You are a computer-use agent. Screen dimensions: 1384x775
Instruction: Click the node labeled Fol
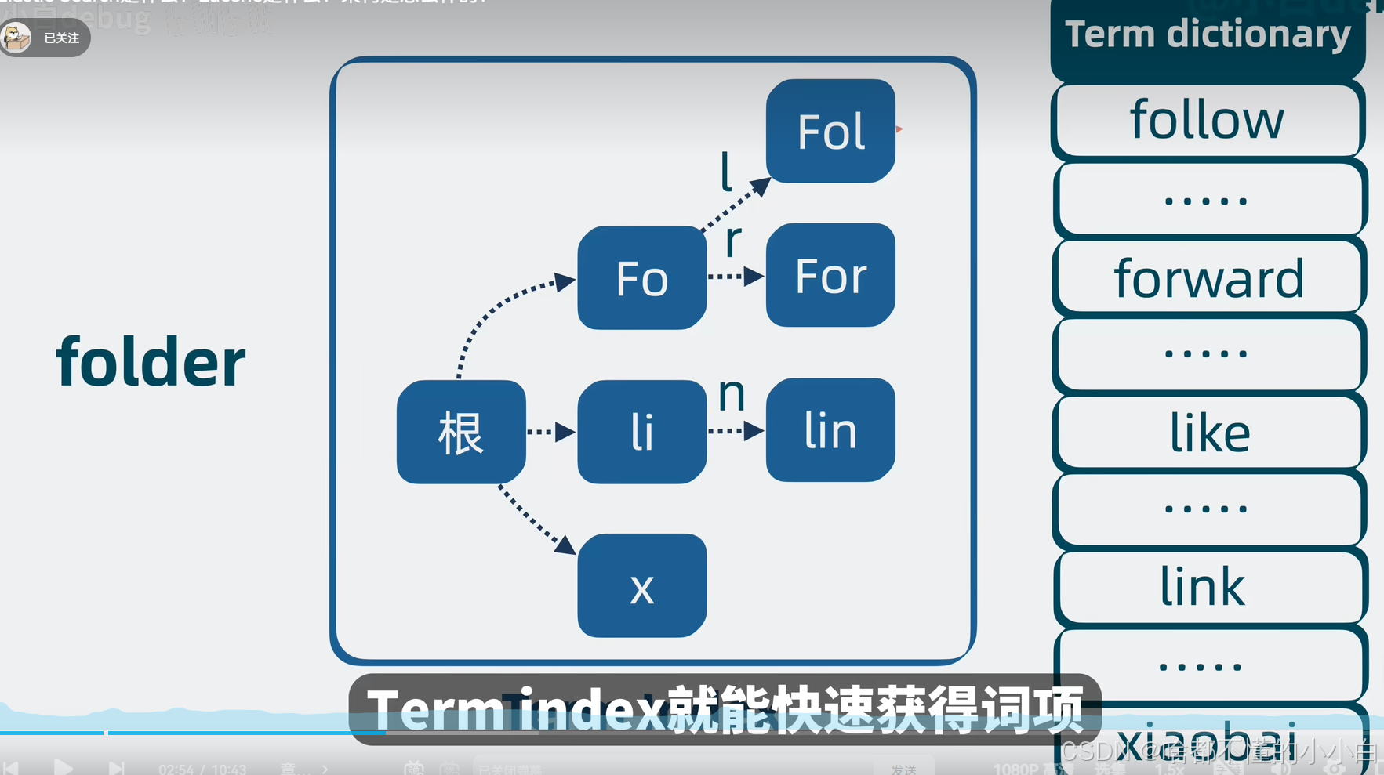tap(830, 131)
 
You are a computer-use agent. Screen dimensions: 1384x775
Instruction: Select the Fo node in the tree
tap(641, 278)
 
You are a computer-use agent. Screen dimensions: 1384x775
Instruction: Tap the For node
tap(830, 275)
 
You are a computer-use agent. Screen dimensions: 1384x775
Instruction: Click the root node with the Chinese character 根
tap(461, 432)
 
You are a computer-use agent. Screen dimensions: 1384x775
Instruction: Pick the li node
tap(641, 432)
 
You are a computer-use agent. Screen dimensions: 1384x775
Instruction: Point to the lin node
tap(830, 430)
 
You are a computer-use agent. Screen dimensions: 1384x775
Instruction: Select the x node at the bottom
tap(641, 586)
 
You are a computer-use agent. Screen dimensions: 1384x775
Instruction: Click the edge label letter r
tap(732, 239)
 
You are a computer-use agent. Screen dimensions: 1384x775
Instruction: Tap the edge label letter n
tap(732, 394)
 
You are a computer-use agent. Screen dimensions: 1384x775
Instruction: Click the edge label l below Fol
tap(726, 172)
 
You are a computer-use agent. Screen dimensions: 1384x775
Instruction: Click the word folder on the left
tap(151, 362)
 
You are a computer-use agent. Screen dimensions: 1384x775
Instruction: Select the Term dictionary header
tap(1208, 35)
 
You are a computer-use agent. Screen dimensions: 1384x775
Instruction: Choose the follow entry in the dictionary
tap(1208, 120)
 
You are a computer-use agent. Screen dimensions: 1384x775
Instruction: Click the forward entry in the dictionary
tap(1208, 278)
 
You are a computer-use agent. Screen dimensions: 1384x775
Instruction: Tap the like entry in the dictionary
tap(1209, 433)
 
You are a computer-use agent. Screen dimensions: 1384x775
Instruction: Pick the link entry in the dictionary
tap(1203, 586)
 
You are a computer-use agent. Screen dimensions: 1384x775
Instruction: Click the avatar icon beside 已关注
tap(16, 37)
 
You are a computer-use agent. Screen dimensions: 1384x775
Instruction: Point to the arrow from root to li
tap(551, 432)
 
